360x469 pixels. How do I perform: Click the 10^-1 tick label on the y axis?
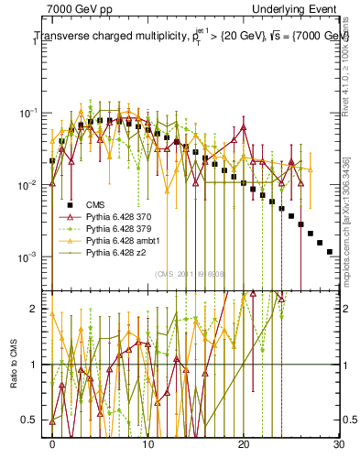34,114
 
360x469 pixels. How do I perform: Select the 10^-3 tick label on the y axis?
34,256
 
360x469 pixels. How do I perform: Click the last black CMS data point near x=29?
329,251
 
